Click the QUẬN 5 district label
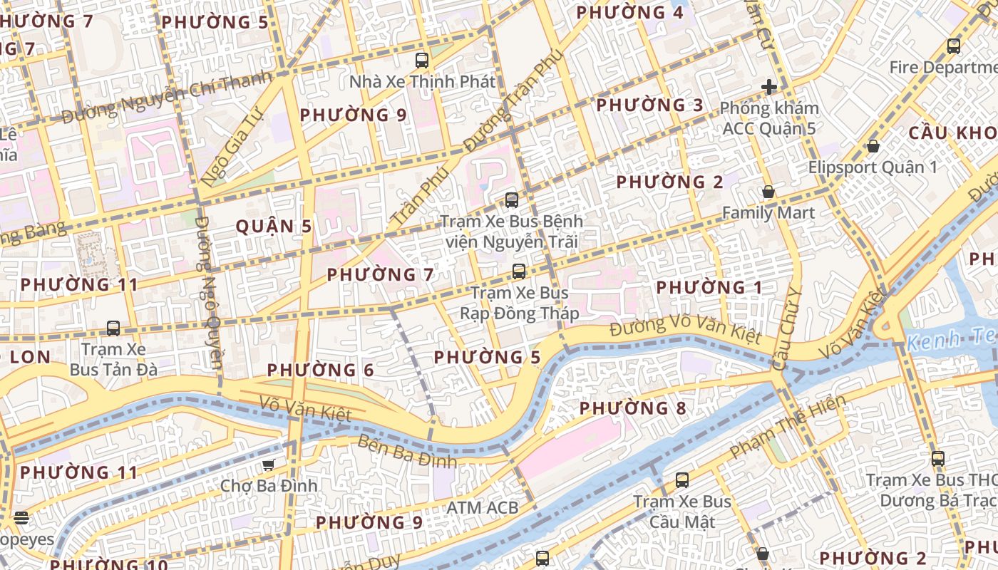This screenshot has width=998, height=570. (x=274, y=227)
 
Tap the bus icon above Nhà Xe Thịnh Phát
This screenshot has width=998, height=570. (x=422, y=60)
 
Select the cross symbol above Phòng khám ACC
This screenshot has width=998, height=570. (x=769, y=87)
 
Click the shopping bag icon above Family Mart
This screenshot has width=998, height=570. (x=768, y=192)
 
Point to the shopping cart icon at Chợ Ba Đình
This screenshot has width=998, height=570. (x=268, y=465)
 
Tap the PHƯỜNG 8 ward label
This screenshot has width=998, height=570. (x=633, y=408)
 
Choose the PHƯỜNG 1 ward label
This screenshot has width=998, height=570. (x=709, y=288)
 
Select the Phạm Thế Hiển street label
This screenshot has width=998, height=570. (x=788, y=427)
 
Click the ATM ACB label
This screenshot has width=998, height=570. (x=482, y=508)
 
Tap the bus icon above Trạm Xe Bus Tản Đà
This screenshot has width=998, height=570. (x=113, y=328)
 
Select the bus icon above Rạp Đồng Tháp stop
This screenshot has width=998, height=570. (x=519, y=271)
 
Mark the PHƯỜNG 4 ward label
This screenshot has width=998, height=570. (x=629, y=13)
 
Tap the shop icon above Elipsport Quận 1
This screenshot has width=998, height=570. (x=873, y=146)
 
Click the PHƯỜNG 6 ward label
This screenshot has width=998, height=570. (x=321, y=370)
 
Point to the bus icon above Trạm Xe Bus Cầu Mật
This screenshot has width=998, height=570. (x=682, y=480)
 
